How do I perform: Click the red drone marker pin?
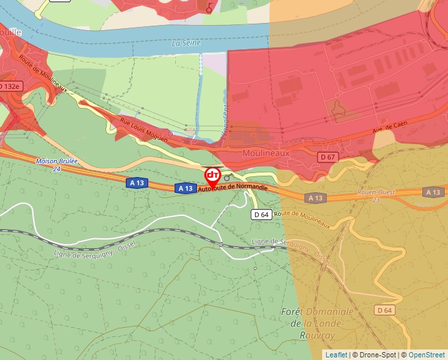coord(213,176)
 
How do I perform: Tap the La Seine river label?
coord(185,43)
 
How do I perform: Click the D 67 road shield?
coord(327,157)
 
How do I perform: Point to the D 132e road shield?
coord(10,86)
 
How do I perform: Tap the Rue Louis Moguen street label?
coord(144,130)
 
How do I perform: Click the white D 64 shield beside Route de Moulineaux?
coord(262,215)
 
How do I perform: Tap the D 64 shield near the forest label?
coord(384,310)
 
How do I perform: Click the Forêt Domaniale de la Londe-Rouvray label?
coord(317,323)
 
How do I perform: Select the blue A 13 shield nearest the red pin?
coord(184,188)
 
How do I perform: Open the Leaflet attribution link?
coord(336,355)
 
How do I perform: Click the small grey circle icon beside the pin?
coord(227,178)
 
